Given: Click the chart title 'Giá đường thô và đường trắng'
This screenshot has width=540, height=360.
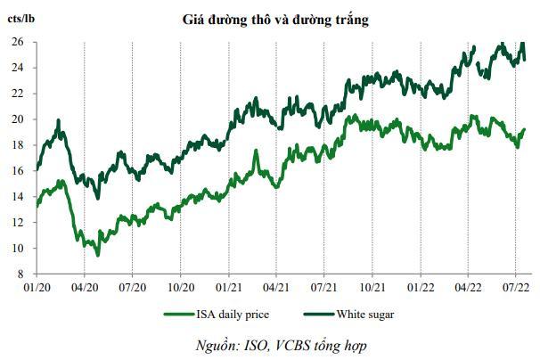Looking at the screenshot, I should point(271,18).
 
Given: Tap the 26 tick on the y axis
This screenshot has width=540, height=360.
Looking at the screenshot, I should point(17,42).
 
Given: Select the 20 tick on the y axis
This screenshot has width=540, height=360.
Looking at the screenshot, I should point(17,119).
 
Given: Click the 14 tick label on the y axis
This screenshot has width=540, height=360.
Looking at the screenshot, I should point(17,197).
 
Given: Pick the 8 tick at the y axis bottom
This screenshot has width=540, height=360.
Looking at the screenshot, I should point(20,274).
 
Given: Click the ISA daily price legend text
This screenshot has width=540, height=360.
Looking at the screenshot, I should point(231,314).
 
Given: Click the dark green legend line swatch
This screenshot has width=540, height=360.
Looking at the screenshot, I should point(317,314).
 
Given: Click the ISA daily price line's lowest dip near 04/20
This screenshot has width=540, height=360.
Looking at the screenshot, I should point(98,255).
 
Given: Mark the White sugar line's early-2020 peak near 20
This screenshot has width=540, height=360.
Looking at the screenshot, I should point(59,120).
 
